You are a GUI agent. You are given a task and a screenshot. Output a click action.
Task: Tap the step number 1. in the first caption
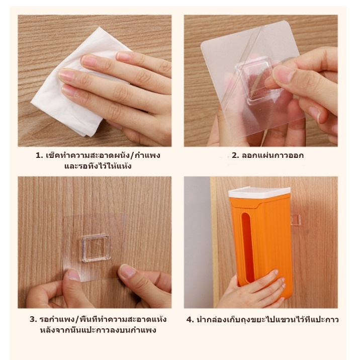pyautogui.click(x=39, y=156)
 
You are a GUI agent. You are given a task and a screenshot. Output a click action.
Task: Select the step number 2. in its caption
pyautogui.click(x=235, y=156)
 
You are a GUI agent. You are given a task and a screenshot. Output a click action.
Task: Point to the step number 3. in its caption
pyautogui.click(x=33, y=319)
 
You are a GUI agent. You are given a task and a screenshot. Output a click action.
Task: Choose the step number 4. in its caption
pyautogui.click(x=190, y=319)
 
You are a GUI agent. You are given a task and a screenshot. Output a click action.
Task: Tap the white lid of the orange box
pyautogui.click(x=259, y=192)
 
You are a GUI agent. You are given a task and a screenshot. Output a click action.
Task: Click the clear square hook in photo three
pyautogui.click(x=96, y=248)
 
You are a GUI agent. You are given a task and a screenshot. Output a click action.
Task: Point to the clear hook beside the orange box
pyautogui.click(x=296, y=220)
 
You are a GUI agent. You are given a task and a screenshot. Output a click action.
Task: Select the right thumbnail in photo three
pyautogui.click(x=127, y=271)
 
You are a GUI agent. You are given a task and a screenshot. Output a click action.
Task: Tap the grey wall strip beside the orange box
pyautogui.click(x=197, y=242)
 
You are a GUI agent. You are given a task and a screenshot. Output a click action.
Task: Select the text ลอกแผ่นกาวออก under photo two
pyautogui.click(x=273, y=156)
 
